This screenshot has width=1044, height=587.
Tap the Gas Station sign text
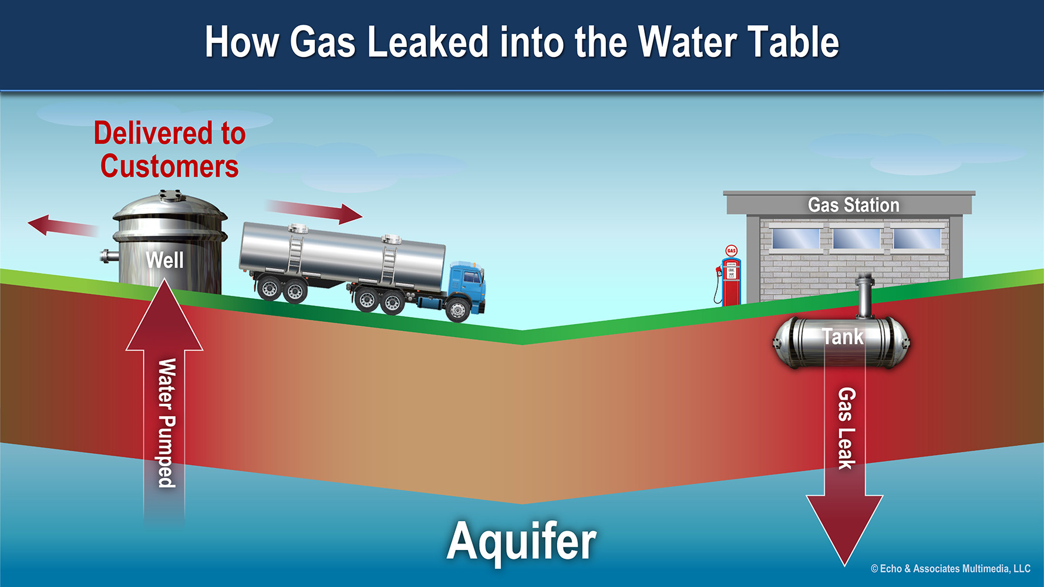pyautogui.click(x=853, y=205)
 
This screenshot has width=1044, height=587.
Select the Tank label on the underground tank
pyautogui.click(x=843, y=337)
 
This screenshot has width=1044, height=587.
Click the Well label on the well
pyautogui.click(x=164, y=260)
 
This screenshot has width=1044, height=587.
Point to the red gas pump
pyautogui.click(x=730, y=282)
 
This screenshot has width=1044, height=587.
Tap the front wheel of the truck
pyautogui.click(x=457, y=310)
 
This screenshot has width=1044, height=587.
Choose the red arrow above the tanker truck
pyautogui.click(x=314, y=211)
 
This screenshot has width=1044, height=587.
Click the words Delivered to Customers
pyautogui.click(x=170, y=150)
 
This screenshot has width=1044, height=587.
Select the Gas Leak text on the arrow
pyautogui.click(x=846, y=429)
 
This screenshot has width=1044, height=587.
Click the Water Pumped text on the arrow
pyautogui.click(x=167, y=423)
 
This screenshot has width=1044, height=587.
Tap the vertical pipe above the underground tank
pyautogui.click(x=864, y=296)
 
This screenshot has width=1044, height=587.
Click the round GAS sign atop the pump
pyautogui.click(x=731, y=251)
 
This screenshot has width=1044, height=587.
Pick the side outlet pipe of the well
pyautogui.click(x=109, y=256)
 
